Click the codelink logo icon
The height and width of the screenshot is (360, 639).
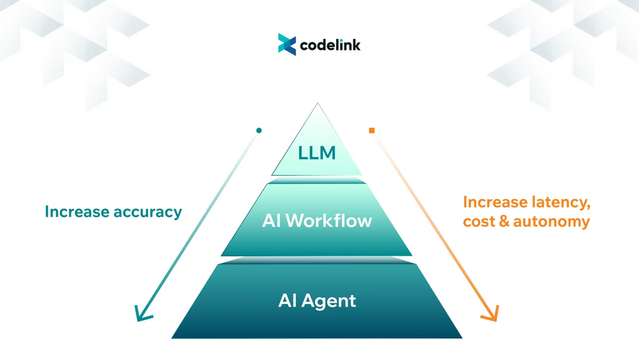(287, 45)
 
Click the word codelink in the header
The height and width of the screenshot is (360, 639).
(330, 45)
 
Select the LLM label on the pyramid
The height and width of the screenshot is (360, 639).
(316, 153)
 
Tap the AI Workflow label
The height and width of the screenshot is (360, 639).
(316, 221)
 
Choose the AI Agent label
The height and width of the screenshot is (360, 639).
(316, 300)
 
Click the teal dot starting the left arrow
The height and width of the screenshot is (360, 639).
(259, 130)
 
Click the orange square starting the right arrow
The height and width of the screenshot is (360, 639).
(372, 130)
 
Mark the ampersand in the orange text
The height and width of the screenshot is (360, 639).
(508, 222)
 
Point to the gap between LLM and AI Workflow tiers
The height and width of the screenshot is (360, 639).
(316, 180)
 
